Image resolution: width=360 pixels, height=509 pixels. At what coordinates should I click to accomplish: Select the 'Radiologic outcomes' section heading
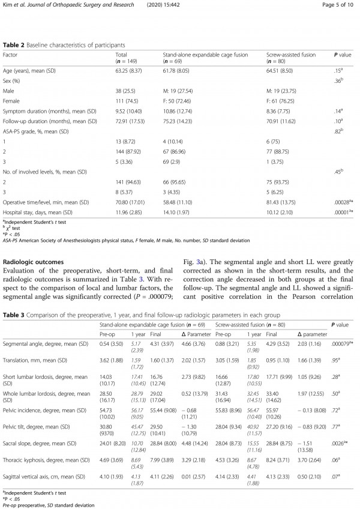point(35,262)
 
